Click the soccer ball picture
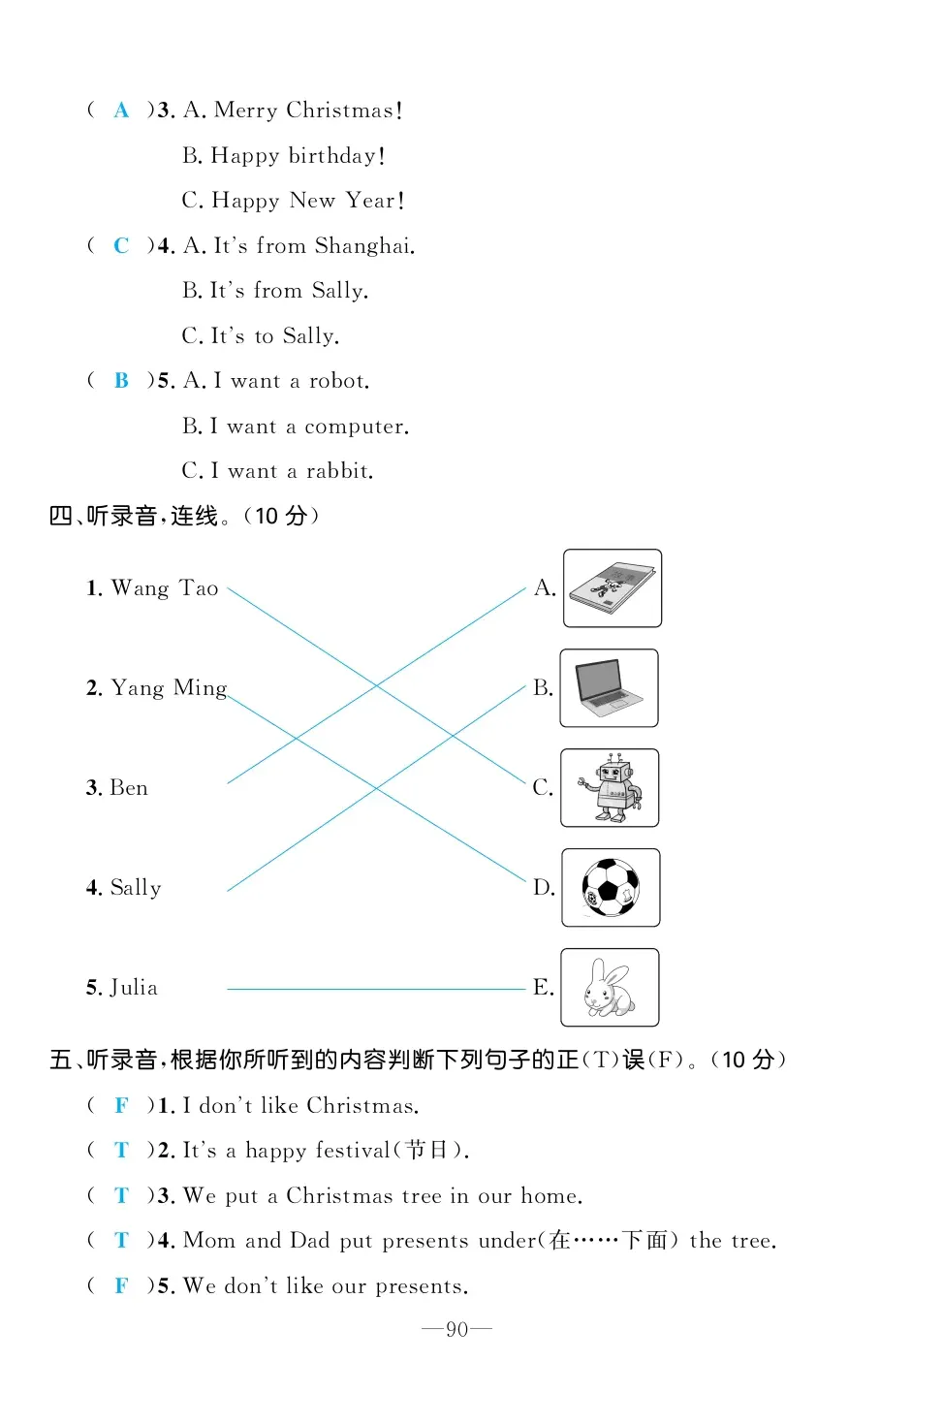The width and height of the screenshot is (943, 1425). tap(611, 887)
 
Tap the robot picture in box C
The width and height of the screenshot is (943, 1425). tap(611, 787)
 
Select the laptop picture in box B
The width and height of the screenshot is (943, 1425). tap(609, 687)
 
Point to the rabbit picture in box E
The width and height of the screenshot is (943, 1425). tap(610, 987)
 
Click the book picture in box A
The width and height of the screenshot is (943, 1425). tap(612, 587)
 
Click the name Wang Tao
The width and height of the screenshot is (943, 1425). tap(164, 588)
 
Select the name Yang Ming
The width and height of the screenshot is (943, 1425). tap(169, 688)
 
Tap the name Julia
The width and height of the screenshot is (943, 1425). tap(134, 988)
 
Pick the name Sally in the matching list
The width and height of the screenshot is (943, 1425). tap(136, 888)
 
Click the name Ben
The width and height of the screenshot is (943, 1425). tap(129, 788)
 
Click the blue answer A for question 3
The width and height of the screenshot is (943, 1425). tap(121, 111)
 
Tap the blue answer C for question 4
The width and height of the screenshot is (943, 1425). tap(121, 246)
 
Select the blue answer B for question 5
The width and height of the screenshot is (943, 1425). tap(121, 381)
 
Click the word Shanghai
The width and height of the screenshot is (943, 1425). tap(363, 246)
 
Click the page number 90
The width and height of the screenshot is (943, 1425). tap(456, 1329)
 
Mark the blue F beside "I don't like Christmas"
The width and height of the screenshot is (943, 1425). tap(121, 1106)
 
